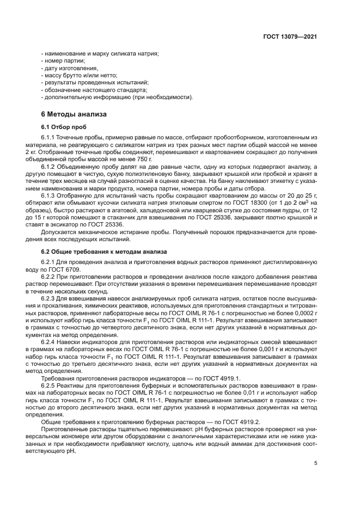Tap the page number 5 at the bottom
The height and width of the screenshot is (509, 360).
pos(316,463)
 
